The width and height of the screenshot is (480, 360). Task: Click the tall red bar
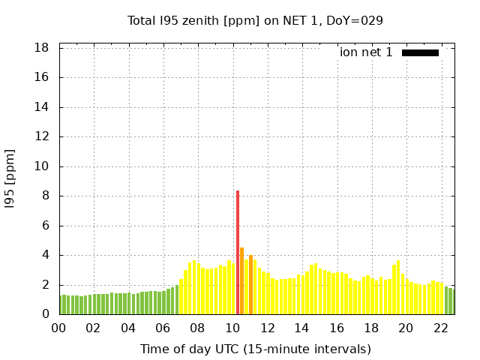click(x=238, y=253)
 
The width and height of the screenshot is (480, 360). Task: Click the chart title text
click(x=255, y=20)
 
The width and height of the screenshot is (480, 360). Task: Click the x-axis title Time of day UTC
click(x=255, y=349)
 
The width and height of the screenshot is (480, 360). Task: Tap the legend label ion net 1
click(x=366, y=52)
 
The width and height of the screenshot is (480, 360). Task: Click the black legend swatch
click(x=420, y=52)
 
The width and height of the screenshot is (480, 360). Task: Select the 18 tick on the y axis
click(x=42, y=48)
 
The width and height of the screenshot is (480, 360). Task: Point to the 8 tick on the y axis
click(x=46, y=196)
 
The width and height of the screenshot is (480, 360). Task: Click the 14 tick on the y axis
click(x=42, y=107)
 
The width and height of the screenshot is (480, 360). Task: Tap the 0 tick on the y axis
click(x=46, y=315)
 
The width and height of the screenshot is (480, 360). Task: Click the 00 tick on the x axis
click(x=58, y=328)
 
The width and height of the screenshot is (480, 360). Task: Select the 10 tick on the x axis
click(x=232, y=328)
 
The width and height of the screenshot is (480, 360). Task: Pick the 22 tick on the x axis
click(x=440, y=328)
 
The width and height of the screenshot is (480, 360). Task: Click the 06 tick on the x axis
click(x=163, y=328)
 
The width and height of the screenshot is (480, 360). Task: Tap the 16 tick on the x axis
click(x=337, y=328)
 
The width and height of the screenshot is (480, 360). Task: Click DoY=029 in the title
click(x=355, y=20)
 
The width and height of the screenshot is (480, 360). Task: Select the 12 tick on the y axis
click(x=42, y=137)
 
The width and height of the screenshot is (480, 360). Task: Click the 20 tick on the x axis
click(x=406, y=328)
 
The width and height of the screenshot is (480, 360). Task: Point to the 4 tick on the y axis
click(x=46, y=256)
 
